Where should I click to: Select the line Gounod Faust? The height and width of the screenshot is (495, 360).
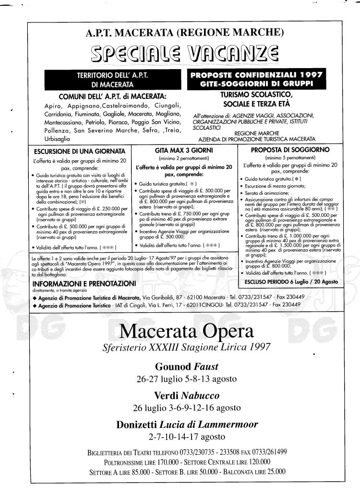(x=186, y=367)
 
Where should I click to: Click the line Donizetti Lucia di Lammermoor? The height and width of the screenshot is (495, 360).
(x=187, y=424)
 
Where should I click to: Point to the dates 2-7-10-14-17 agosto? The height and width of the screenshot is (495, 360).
(x=186, y=436)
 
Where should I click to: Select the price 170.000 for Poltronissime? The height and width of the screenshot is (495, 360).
(x=176, y=461)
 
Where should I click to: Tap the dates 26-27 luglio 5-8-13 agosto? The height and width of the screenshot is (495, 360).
(x=186, y=379)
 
